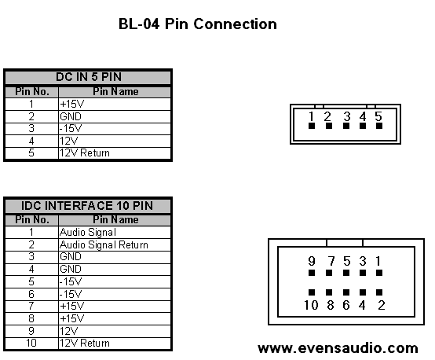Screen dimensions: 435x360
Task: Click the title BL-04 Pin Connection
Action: click(198, 24)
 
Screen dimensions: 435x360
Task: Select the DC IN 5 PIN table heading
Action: click(89, 77)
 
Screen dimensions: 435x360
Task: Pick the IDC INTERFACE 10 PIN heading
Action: click(87, 206)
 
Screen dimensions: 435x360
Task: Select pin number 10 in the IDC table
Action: click(31, 343)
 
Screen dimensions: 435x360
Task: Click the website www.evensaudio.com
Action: click(338, 348)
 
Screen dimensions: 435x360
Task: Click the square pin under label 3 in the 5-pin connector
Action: click(346, 126)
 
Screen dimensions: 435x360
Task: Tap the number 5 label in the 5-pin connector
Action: click(378, 116)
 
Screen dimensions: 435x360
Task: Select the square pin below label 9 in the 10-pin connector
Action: click(312, 273)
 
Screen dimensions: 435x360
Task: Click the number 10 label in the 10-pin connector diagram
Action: click(311, 305)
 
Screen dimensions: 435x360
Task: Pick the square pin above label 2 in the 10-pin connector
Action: click(379, 292)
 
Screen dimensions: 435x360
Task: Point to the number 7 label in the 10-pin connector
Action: click(331, 261)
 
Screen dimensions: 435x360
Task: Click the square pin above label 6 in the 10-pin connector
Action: click(346, 292)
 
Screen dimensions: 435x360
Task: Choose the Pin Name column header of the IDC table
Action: click(115, 220)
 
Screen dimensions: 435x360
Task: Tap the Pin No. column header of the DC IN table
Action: click(32, 91)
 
